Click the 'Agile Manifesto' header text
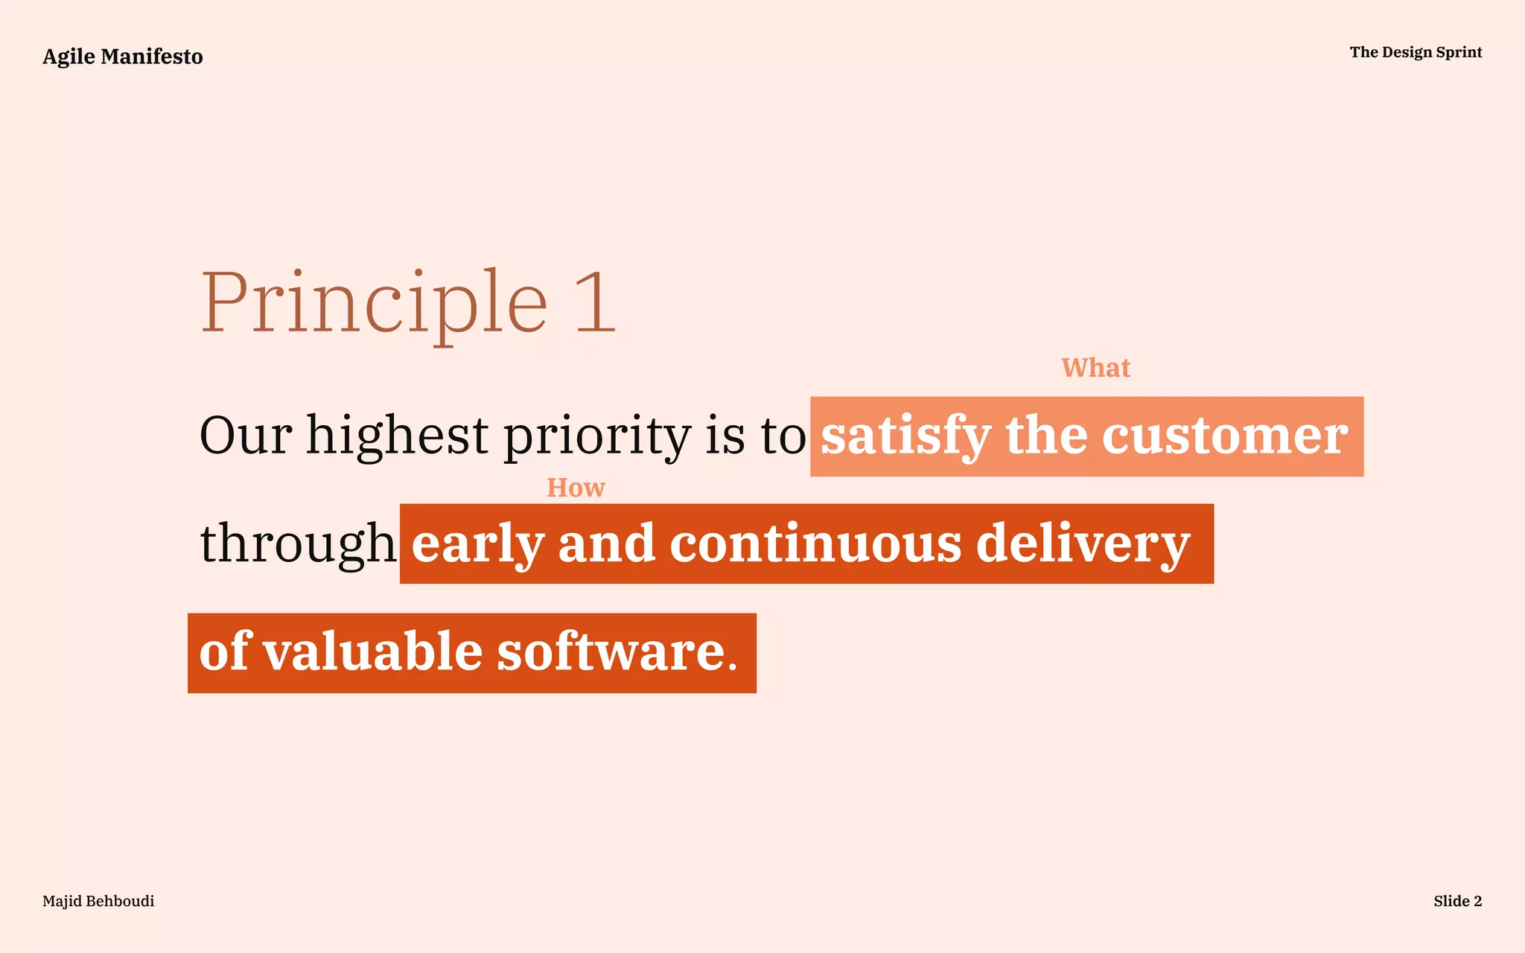pyautogui.click(x=123, y=57)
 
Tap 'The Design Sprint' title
pyautogui.click(x=1416, y=52)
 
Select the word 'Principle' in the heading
pyautogui.click(x=375, y=304)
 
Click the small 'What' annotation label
pyautogui.click(x=1095, y=368)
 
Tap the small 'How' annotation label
pyautogui.click(x=576, y=488)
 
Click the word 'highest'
pyautogui.click(x=397, y=436)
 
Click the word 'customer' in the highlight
pyautogui.click(x=1224, y=436)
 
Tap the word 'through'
pyautogui.click(x=298, y=544)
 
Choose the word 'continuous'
pyautogui.click(x=815, y=544)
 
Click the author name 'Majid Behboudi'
pyautogui.click(x=98, y=901)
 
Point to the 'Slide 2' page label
pyautogui.click(x=1457, y=901)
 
